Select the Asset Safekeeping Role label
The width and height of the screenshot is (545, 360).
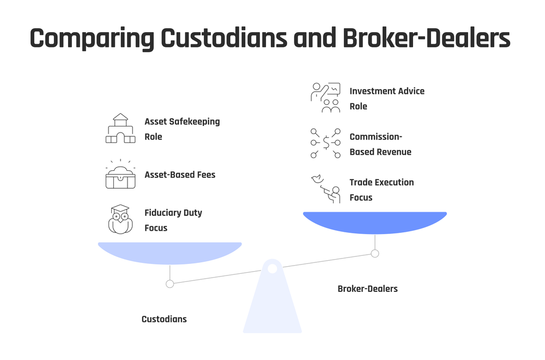[x=181, y=129]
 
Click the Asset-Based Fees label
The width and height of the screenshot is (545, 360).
[x=180, y=175]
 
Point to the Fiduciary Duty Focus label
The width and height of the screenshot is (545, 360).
[x=173, y=220]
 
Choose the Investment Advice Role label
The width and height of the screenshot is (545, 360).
[x=386, y=99]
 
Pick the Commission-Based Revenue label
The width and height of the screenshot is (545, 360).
[x=380, y=144]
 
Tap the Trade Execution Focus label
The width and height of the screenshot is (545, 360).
[x=381, y=189]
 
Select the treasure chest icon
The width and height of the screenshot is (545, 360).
[x=120, y=175]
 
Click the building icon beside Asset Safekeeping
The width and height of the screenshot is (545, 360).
[x=120, y=129]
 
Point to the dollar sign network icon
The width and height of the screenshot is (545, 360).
[x=325, y=143]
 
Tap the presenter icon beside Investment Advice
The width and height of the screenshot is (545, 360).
[x=325, y=98]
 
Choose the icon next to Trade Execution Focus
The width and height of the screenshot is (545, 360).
[x=325, y=189]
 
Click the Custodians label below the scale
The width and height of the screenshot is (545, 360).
[x=164, y=319]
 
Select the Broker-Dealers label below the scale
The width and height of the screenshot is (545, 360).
[x=367, y=289]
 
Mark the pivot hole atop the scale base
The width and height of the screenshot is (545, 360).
[x=272, y=268]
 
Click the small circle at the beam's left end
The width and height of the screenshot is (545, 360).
[x=169, y=284]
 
